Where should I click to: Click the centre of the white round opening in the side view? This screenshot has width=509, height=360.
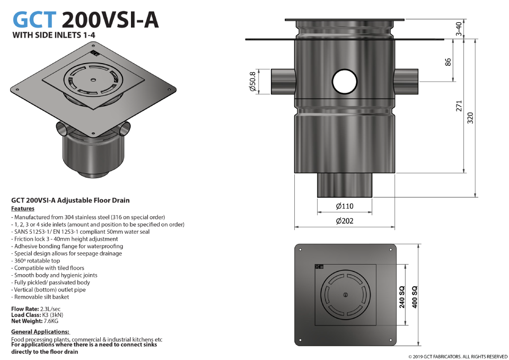pos(345,82)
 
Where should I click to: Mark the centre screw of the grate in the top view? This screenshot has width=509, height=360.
pos(345,295)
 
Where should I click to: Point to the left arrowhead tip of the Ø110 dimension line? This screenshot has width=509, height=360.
pos(318,212)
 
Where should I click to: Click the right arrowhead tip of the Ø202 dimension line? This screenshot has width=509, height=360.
pos(394,227)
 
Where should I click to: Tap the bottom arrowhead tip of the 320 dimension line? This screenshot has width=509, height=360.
pos(475,197)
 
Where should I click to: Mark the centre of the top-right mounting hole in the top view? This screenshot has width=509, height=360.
pos(391,250)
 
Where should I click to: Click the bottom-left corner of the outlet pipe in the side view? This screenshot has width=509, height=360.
pos(317,197)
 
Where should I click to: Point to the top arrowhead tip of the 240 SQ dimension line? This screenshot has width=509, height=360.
pos(406,264)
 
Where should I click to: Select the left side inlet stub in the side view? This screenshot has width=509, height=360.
pos(283,82)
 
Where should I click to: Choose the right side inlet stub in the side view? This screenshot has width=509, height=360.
pos(407,82)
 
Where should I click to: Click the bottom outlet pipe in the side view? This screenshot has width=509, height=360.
pos(345,185)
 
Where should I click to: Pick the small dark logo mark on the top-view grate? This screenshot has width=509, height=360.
pos(319,267)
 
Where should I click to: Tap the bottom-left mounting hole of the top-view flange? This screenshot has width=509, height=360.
pos(300,340)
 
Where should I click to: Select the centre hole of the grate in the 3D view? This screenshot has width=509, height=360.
pos(93,80)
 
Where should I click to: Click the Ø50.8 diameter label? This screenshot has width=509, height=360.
pos(253,82)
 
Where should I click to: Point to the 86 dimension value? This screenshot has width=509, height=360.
pos(448,62)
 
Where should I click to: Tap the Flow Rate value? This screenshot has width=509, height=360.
pos(50,309)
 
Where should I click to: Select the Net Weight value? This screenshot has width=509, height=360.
pos(51,321)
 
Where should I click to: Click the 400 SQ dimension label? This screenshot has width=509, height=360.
pos(415,297)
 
